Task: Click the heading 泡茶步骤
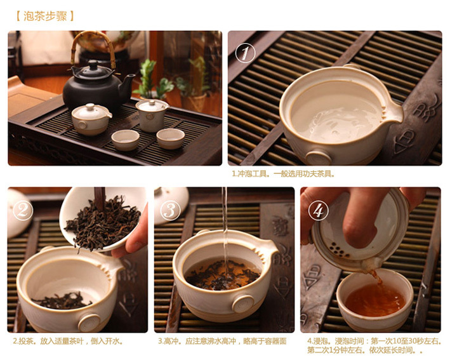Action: (45, 16)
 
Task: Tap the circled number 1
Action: (245, 53)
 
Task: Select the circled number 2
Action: (23, 210)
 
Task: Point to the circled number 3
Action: (170, 210)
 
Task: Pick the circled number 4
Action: (318, 210)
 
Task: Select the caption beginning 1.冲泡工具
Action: (283, 174)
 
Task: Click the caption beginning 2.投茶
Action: (69, 341)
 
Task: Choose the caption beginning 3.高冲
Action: (222, 341)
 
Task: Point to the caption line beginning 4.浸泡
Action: (374, 341)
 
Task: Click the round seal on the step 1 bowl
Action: (318, 157)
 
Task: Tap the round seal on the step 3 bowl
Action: (243, 303)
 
